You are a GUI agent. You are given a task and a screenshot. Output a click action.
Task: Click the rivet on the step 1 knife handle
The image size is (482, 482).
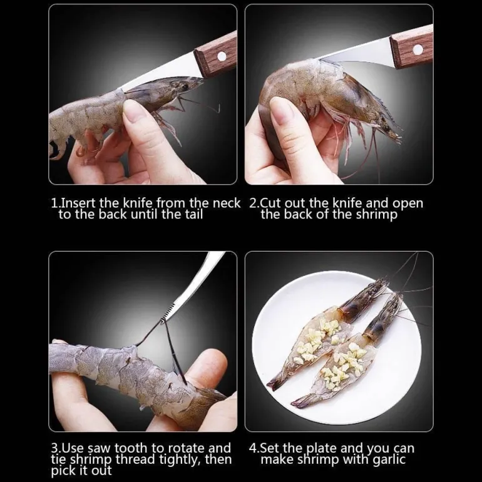[x=222, y=56]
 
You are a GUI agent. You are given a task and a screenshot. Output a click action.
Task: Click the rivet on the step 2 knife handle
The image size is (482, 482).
[x=418, y=49]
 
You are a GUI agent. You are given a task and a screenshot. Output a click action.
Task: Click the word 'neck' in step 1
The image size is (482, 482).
[x=226, y=203]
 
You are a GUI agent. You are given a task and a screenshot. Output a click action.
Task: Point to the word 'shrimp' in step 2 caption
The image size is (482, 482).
[x=377, y=215]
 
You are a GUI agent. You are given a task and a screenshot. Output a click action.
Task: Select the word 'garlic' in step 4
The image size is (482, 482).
[x=389, y=460]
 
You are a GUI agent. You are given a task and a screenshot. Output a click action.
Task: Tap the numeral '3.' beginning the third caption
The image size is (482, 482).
[x=56, y=448]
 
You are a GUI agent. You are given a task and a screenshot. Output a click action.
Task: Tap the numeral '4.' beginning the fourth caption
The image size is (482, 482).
[x=255, y=448]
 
